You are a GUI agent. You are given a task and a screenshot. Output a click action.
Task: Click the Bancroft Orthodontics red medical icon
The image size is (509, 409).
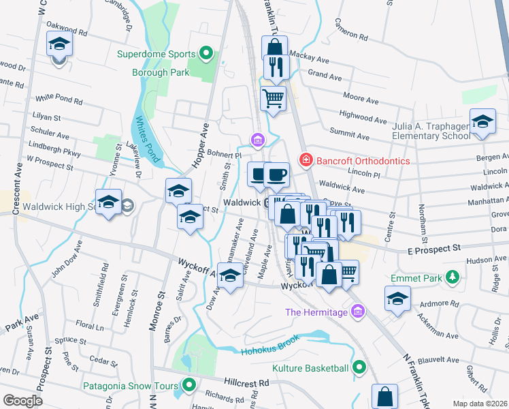pyautogui.click(x=306, y=160)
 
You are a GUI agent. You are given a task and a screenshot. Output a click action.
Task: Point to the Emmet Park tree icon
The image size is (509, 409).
pyautogui.click(x=450, y=278)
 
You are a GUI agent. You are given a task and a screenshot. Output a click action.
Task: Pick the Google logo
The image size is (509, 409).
pyautogui.click(x=22, y=400)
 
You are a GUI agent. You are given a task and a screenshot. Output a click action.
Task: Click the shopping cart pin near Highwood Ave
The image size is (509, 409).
pyautogui.click(x=273, y=97)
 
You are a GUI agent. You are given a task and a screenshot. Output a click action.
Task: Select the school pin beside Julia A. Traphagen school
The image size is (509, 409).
pyautogui.click(x=482, y=121)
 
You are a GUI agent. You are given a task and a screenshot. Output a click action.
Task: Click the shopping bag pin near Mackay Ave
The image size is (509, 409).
pyautogui.click(x=274, y=48)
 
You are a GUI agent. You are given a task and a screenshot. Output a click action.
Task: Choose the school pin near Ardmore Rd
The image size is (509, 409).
pyautogui.click(x=397, y=298)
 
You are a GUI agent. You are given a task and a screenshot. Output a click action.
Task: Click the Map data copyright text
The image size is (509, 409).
pyautogui.click(x=482, y=403)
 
